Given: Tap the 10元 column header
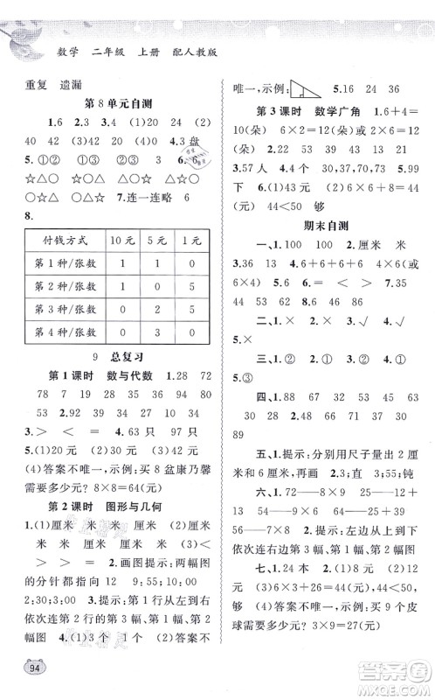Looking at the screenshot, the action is point(121,216).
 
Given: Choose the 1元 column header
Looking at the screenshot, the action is point(191,216).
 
